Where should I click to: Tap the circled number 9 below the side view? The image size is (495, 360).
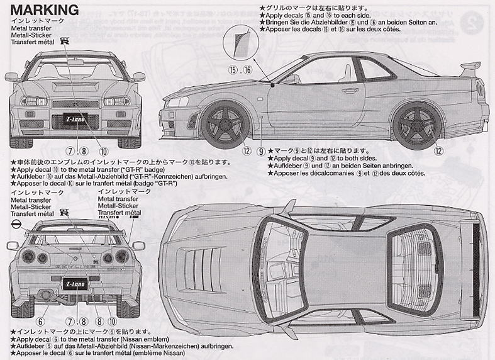pyautogui.click(x=262, y=151)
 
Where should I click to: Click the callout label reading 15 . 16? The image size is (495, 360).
pyautogui.click(x=240, y=70)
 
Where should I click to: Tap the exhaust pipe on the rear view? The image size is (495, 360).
pyautogui.click(x=46, y=294)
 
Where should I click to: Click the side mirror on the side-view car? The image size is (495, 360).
pyautogui.click(x=291, y=79)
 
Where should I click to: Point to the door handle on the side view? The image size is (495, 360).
pyautogui.click(x=350, y=90)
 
